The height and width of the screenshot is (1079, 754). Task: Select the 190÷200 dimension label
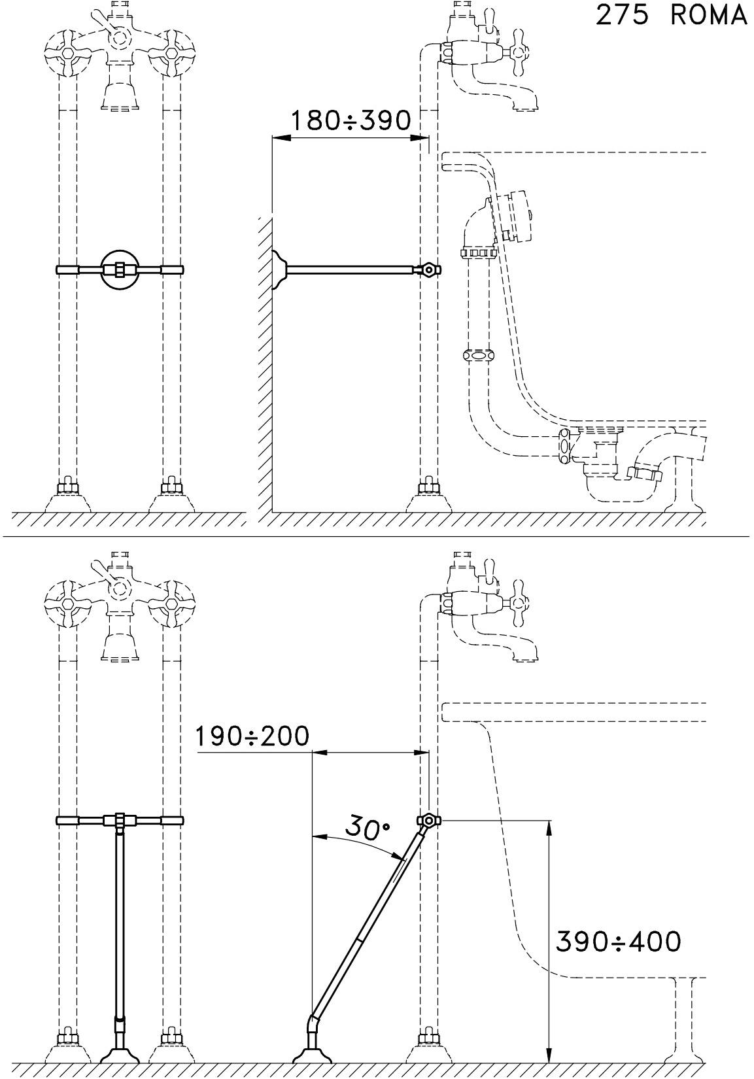(252, 737)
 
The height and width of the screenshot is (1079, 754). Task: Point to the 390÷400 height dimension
(618, 942)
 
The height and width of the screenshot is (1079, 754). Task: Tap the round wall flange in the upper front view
(120, 269)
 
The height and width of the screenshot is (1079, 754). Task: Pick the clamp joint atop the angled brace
(428, 820)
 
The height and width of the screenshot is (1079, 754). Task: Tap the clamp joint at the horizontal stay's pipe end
(428, 269)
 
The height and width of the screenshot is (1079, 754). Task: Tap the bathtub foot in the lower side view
(682, 1040)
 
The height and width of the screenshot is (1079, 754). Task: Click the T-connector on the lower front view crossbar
(120, 821)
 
